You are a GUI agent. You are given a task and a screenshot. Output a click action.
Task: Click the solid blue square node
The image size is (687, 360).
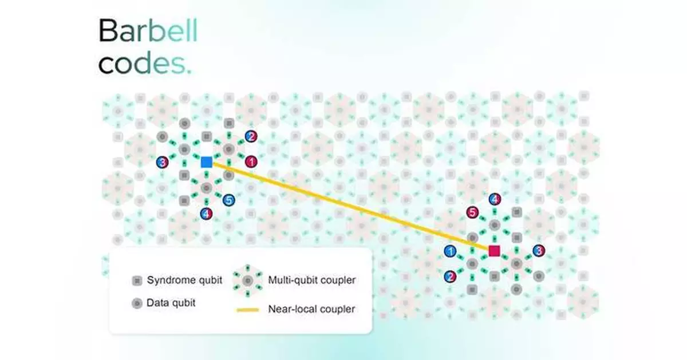[207, 162]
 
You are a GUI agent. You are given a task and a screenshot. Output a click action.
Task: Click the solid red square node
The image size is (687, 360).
[494, 251]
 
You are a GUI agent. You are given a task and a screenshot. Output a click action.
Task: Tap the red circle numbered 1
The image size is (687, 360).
[251, 161]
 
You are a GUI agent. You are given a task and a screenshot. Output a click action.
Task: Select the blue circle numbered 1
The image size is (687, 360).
[450, 251]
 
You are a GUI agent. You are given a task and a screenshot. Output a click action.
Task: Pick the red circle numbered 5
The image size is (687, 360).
[472, 212]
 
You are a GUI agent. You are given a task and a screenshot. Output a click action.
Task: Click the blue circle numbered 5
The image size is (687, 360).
[229, 200]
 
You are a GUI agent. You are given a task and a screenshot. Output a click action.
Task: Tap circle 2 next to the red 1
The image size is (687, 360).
[251, 136]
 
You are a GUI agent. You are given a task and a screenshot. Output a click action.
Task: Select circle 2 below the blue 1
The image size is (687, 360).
[450, 276]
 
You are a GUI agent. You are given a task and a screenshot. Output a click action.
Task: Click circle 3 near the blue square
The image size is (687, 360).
[162, 162]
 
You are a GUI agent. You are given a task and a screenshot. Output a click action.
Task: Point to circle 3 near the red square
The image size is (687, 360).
[539, 251]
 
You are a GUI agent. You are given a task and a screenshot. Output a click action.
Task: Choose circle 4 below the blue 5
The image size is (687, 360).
[207, 213]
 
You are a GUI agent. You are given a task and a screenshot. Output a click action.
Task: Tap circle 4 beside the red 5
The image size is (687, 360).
[495, 199]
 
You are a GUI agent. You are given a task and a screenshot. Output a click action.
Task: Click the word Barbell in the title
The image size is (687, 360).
[148, 30]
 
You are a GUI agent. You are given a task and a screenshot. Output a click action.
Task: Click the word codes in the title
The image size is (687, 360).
[145, 63]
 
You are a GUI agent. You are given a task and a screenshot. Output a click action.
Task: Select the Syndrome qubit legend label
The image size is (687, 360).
[184, 280]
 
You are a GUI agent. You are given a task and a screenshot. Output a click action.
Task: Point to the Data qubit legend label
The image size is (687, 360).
[171, 303]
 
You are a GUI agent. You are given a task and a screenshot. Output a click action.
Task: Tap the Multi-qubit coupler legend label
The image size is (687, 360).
[311, 280]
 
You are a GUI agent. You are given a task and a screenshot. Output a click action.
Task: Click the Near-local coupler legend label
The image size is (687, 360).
[311, 309]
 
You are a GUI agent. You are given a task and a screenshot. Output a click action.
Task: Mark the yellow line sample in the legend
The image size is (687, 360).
[248, 310]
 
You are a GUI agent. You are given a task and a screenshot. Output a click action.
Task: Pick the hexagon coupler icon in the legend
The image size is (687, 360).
[248, 280]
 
